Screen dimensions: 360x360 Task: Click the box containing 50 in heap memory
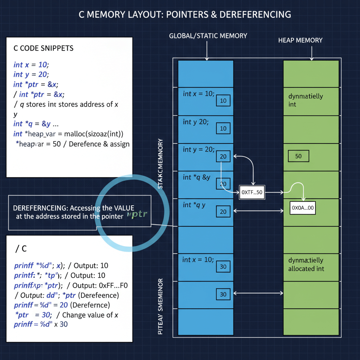point(298,156)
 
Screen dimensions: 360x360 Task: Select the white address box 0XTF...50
point(252,192)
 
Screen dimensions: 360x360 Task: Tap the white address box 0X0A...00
point(302,208)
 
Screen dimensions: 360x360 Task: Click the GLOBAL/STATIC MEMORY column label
point(208,36)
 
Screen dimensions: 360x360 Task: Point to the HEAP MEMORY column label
point(300,40)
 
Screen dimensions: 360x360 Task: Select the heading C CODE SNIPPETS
point(44,48)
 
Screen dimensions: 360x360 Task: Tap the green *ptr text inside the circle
point(138,214)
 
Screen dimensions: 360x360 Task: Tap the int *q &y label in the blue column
point(197,177)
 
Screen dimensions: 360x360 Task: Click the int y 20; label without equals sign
point(195,122)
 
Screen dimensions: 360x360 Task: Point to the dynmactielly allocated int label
point(306,264)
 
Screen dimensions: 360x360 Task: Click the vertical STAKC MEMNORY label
point(160,163)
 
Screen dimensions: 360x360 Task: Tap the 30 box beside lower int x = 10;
point(223,266)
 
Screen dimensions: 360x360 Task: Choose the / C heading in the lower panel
point(21,249)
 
